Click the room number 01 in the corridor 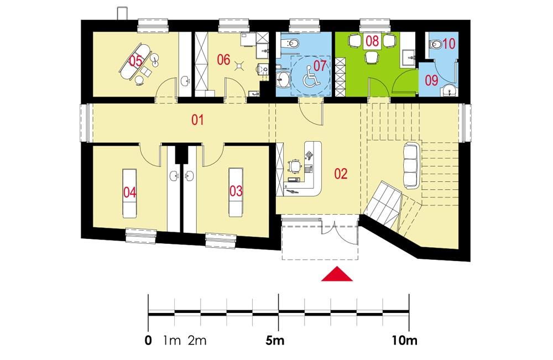(x=198, y=119)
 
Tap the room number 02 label (x=341, y=174)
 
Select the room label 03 (x=236, y=191)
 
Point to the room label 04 (x=130, y=192)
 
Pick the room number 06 (x=223, y=60)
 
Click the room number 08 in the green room (x=372, y=41)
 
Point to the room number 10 (x=448, y=41)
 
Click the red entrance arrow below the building (x=337, y=275)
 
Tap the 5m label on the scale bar (x=275, y=341)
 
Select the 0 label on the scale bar (x=148, y=341)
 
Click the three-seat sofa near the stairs (x=411, y=164)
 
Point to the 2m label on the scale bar (x=197, y=341)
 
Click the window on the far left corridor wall (x=85, y=122)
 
